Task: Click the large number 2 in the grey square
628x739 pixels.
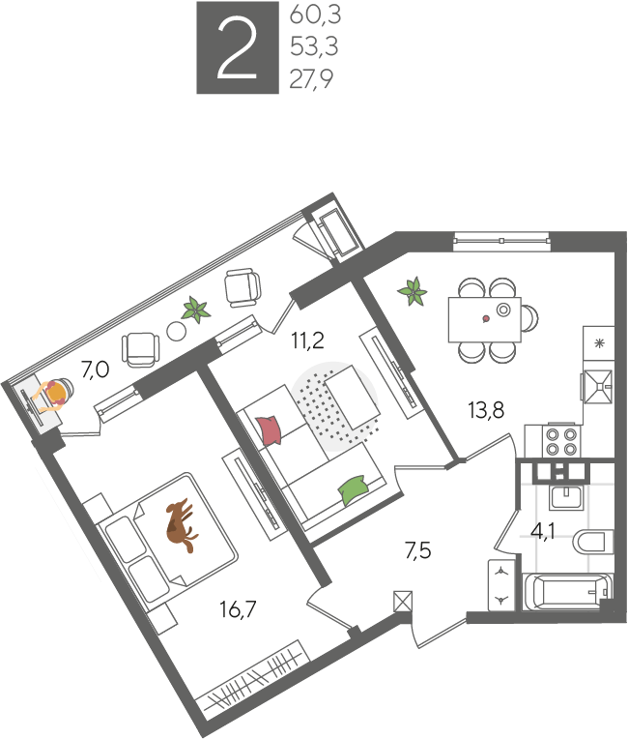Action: [238, 47]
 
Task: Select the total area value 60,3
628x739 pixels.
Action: [315, 15]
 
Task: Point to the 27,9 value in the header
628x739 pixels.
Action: [311, 78]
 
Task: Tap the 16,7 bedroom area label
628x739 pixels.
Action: [239, 609]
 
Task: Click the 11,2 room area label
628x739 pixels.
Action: [308, 340]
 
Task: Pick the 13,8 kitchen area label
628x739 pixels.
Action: [486, 409]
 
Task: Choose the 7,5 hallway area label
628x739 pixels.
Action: [418, 550]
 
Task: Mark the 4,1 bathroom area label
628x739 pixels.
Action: [543, 531]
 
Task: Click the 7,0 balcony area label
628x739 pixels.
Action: [95, 369]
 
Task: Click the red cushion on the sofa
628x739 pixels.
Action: [270, 429]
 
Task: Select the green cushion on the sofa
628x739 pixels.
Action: [354, 489]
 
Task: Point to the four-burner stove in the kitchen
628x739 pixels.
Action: [561, 441]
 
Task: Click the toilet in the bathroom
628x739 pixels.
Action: [592, 542]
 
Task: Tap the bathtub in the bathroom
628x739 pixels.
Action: [567, 591]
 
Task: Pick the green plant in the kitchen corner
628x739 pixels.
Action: [413, 291]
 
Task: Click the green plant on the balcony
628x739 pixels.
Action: [196, 310]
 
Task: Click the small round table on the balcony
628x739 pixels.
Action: [177, 331]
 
